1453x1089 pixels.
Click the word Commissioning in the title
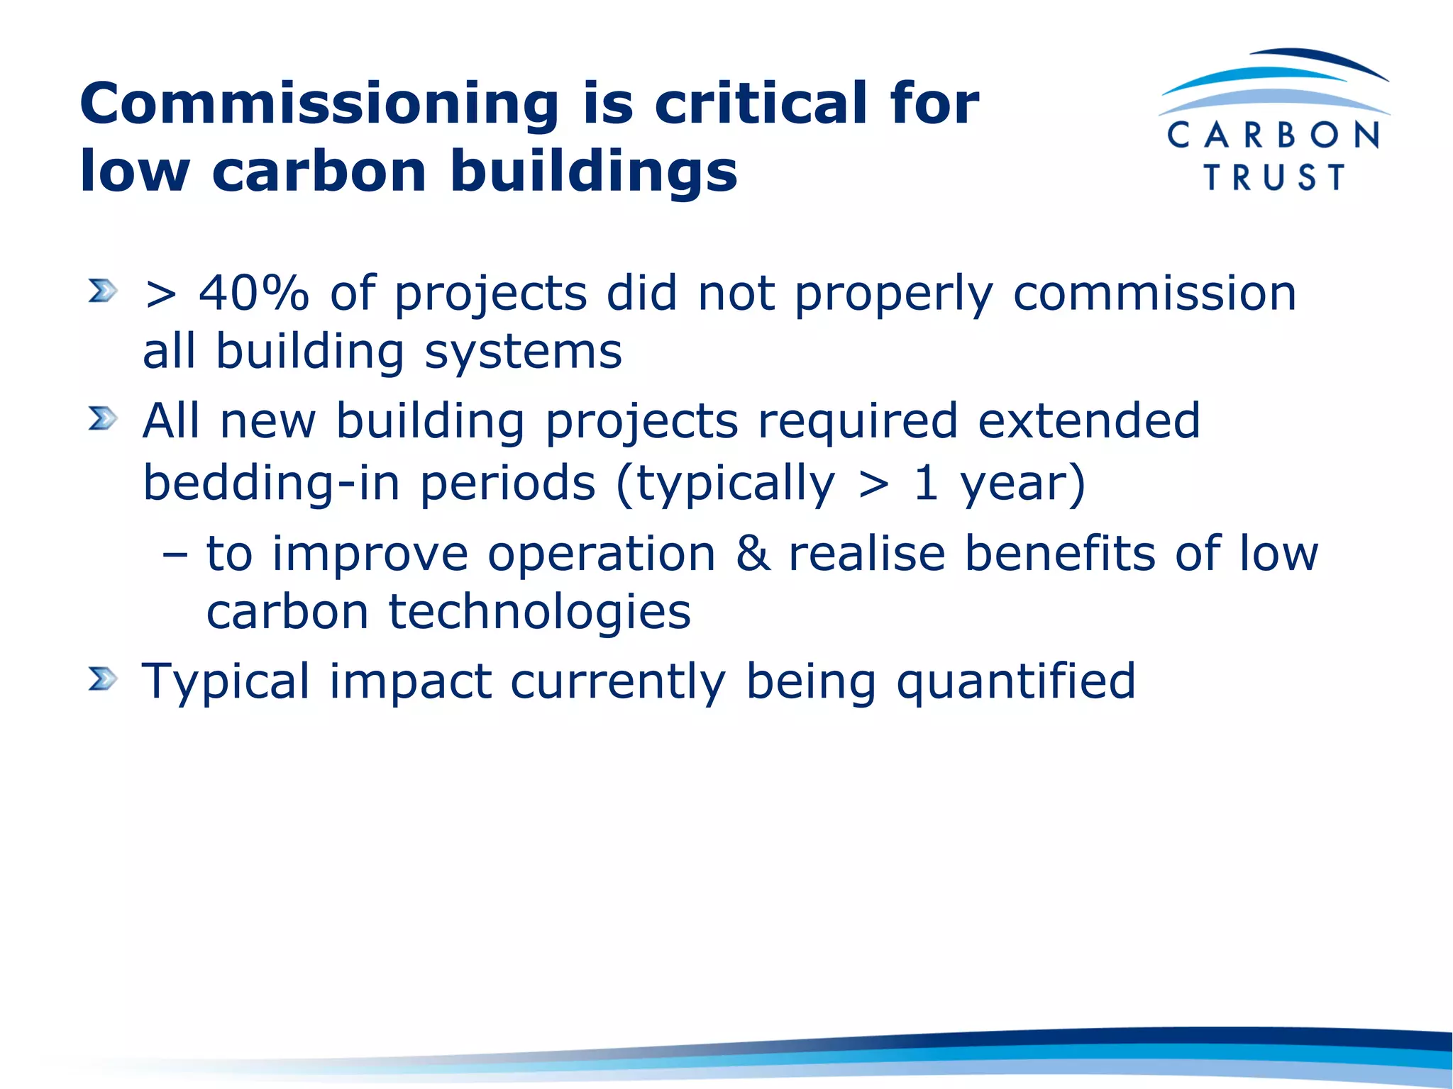tap(319, 104)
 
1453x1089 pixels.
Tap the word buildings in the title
tap(594, 172)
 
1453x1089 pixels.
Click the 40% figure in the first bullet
tap(254, 293)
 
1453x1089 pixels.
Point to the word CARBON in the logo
tap(1274, 135)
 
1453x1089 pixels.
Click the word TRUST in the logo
tap(1274, 177)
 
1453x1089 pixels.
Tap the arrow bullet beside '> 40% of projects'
tap(102, 291)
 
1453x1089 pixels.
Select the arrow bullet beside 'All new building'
tap(102, 419)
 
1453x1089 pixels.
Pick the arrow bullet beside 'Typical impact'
tap(102, 679)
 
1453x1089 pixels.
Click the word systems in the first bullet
tap(523, 352)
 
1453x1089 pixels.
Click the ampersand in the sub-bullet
tap(752, 553)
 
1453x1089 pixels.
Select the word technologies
tap(539, 612)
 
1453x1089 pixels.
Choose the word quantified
tap(1016, 682)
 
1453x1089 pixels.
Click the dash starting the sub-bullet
tap(175, 554)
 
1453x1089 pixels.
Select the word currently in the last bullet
tap(618, 682)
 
